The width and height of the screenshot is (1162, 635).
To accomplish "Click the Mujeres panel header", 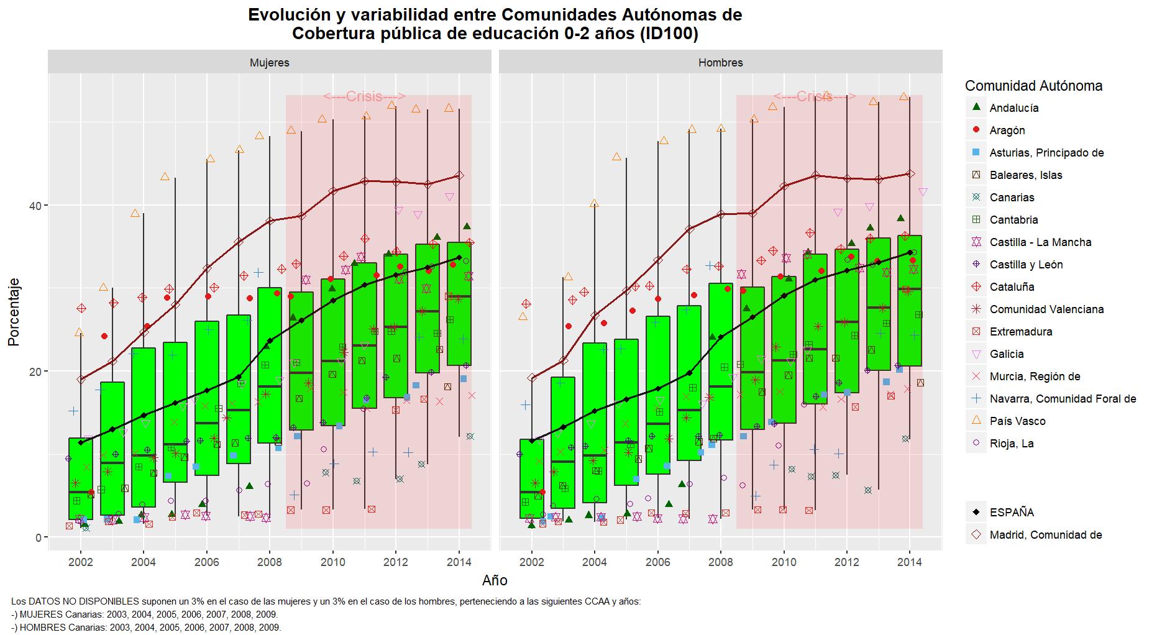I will pyautogui.click(x=269, y=63).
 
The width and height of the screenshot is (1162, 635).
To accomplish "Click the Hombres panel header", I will pyautogui.click(x=720, y=63).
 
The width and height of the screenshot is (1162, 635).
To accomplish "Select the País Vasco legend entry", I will pyautogui.click(x=1017, y=421).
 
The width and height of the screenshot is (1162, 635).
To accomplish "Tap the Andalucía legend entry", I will pyautogui.click(x=1013, y=108).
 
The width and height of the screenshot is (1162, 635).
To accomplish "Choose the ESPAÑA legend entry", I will pyautogui.click(x=1012, y=513).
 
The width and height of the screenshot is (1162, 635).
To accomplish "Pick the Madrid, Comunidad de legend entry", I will pyautogui.click(x=1045, y=535).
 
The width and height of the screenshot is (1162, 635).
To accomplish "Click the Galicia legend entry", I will pyautogui.click(x=1006, y=354).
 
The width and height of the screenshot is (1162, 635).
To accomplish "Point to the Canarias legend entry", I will pyautogui.click(x=1012, y=198).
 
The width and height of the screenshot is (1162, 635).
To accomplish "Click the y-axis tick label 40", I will pyautogui.click(x=35, y=206).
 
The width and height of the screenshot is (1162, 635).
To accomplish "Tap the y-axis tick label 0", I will pyautogui.click(x=39, y=538).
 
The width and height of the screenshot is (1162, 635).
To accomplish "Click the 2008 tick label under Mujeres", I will pyautogui.click(x=270, y=562).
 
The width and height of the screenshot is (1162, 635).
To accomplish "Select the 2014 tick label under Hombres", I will pyautogui.click(x=910, y=562).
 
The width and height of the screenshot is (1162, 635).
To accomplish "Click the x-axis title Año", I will pyautogui.click(x=495, y=580).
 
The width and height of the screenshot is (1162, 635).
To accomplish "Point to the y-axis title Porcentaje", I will pyautogui.click(x=14, y=312).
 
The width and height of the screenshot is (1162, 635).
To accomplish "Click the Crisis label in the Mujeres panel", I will pyautogui.click(x=364, y=96).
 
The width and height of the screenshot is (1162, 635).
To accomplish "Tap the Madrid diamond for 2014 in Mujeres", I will pyautogui.click(x=459, y=176).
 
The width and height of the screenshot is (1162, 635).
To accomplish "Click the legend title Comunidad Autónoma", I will pyautogui.click(x=1033, y=86).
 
